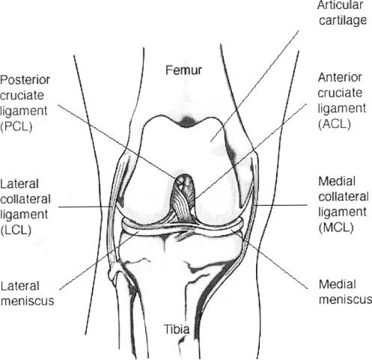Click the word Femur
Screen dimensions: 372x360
[x=183, y=70]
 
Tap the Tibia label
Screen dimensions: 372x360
[x=177, y=329]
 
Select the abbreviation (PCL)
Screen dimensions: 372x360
[x=16, y=126]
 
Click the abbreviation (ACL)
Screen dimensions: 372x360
[x=335, y=124]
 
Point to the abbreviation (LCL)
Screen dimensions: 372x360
[x=16, y=230]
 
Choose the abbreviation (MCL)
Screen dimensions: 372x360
[x=336, y=228]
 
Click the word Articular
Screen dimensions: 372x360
[x=340, y=5]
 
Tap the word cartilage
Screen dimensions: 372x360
[x=343, y=20]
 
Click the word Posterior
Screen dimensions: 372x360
[x=25, y=80]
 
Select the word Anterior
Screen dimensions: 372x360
[x=340, y=78]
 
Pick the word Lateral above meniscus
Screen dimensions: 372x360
[x=20, y=286]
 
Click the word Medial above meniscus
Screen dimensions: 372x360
[x=338, y=284]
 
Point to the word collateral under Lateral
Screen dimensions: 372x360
[x=25, y=199]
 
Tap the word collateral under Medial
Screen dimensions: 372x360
[x=344, y=197]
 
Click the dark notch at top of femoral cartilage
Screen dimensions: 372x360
[x=186, y=121]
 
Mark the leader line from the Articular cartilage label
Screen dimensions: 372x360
[x=254, y=86]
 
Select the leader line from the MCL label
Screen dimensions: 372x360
[x=281, y=205]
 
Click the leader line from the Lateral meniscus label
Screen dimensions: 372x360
[x=99, y=260]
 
